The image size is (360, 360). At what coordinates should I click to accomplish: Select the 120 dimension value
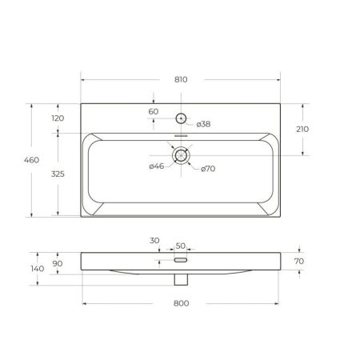tap(58, 118)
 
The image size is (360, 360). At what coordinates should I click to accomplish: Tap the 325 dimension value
tap(58, 174)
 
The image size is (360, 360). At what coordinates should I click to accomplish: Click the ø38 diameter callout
tap(203, 123)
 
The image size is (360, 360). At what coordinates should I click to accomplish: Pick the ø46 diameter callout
tap(156, 166)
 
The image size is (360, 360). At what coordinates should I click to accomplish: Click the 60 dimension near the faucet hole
tap(154, 111)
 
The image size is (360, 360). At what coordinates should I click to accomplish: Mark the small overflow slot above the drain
tap(181, 136)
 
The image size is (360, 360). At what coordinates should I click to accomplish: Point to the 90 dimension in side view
tap(58, 263)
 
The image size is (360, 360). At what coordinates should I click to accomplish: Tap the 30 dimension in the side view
tap(154, 240)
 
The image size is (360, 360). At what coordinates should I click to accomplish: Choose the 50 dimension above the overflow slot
tap(180, 246)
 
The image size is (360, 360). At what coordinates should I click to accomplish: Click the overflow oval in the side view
tap(181, 260)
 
